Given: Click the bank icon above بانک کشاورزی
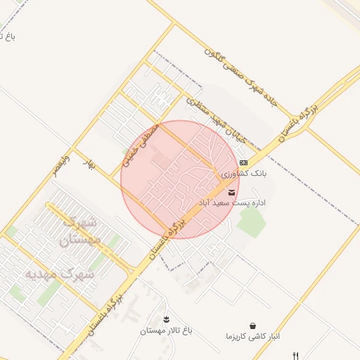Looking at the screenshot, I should (243, 162).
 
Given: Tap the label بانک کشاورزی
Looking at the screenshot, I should (239, 173).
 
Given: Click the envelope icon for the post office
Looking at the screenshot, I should (232, 192).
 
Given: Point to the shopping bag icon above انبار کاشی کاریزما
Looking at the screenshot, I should (252, 326).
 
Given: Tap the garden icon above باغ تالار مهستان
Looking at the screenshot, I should (166, 320).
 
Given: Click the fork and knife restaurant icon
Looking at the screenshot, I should (296, 356).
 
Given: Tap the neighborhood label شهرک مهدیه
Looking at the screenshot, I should (59, 274).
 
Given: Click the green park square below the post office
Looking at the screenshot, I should (250, 222).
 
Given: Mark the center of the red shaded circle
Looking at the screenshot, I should (180, 179).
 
